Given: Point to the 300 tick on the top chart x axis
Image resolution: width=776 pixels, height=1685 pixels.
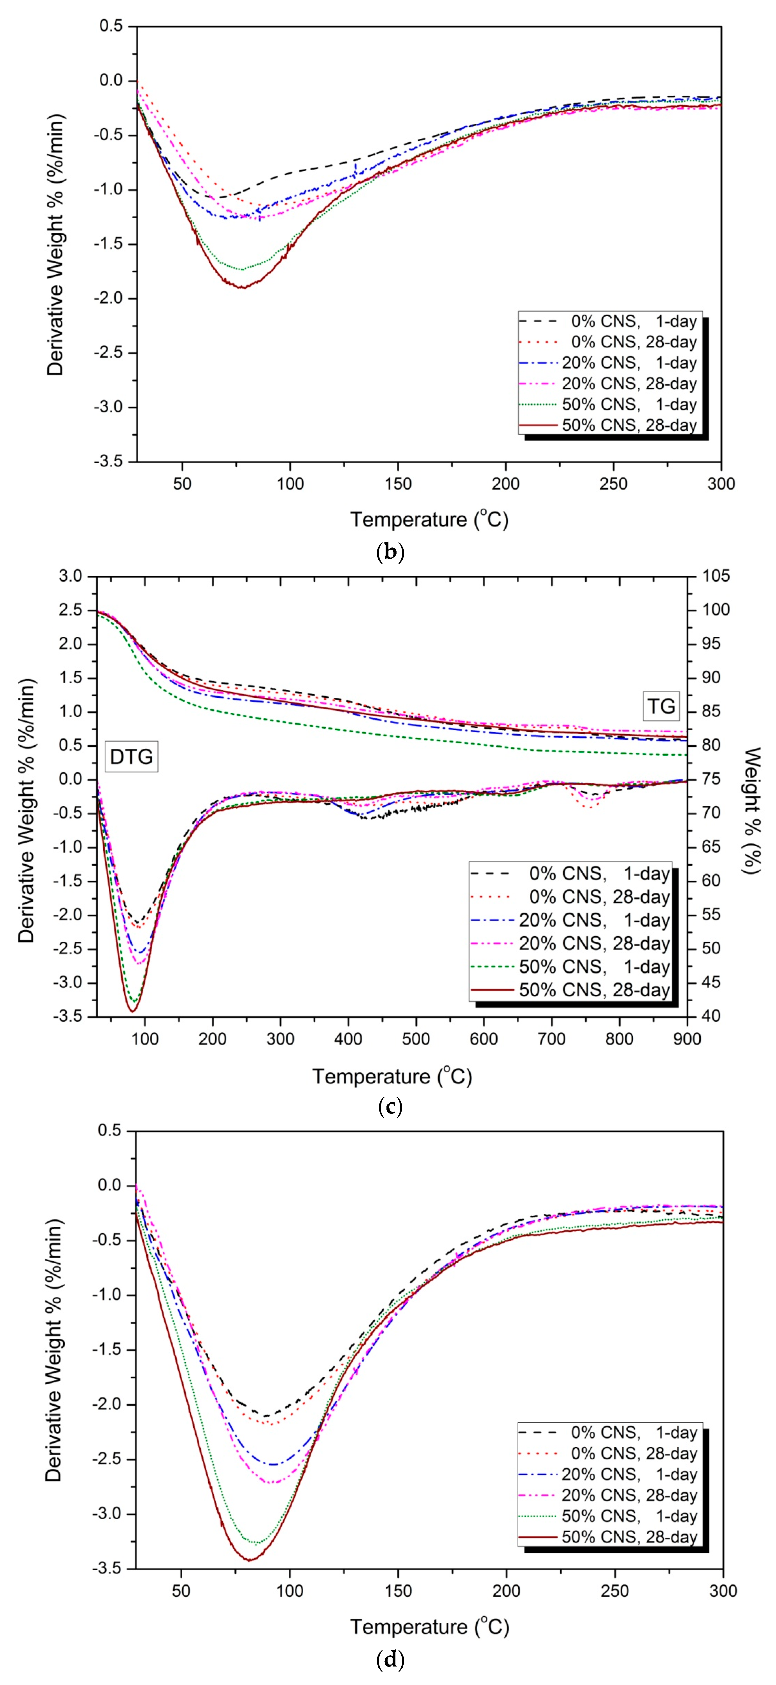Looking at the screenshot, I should click(721, 484).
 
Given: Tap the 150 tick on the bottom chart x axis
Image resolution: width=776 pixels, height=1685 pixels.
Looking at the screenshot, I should click(398, 1591).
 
